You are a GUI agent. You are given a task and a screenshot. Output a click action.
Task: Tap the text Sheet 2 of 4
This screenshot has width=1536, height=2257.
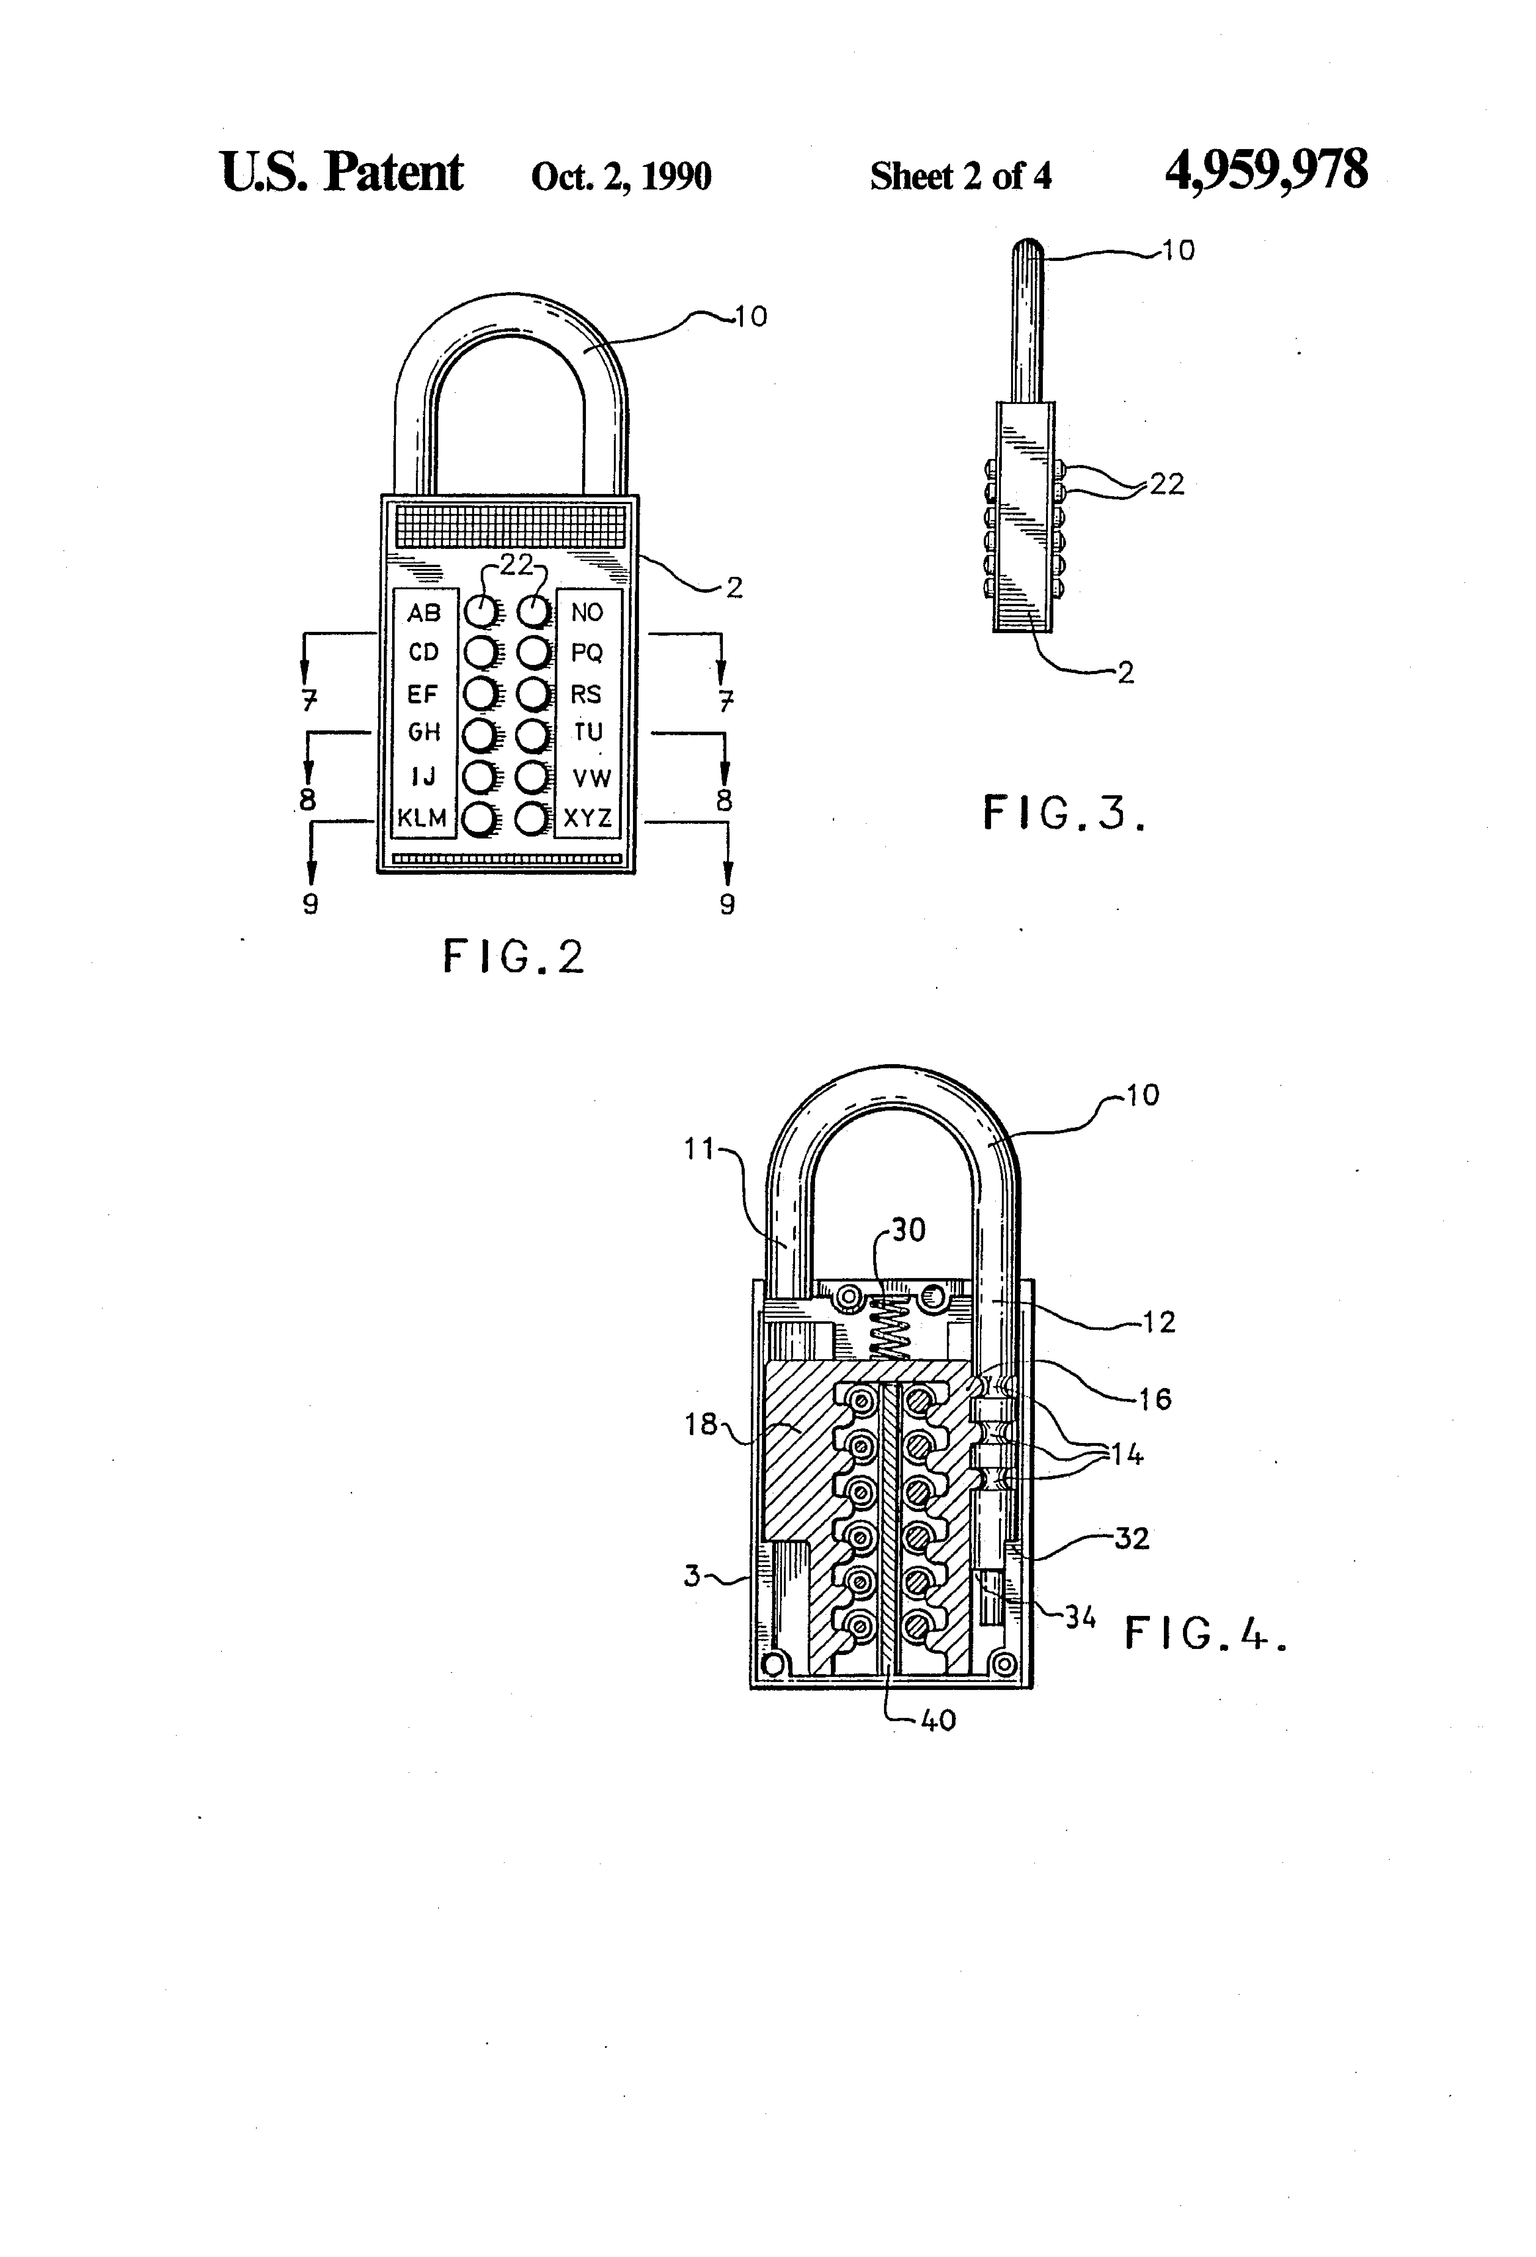[x=960, y=176]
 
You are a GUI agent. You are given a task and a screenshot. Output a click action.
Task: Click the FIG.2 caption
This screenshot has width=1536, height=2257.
[x=513, y=957]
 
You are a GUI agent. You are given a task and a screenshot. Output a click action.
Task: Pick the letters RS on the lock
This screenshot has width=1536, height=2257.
[x=586, y=694]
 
